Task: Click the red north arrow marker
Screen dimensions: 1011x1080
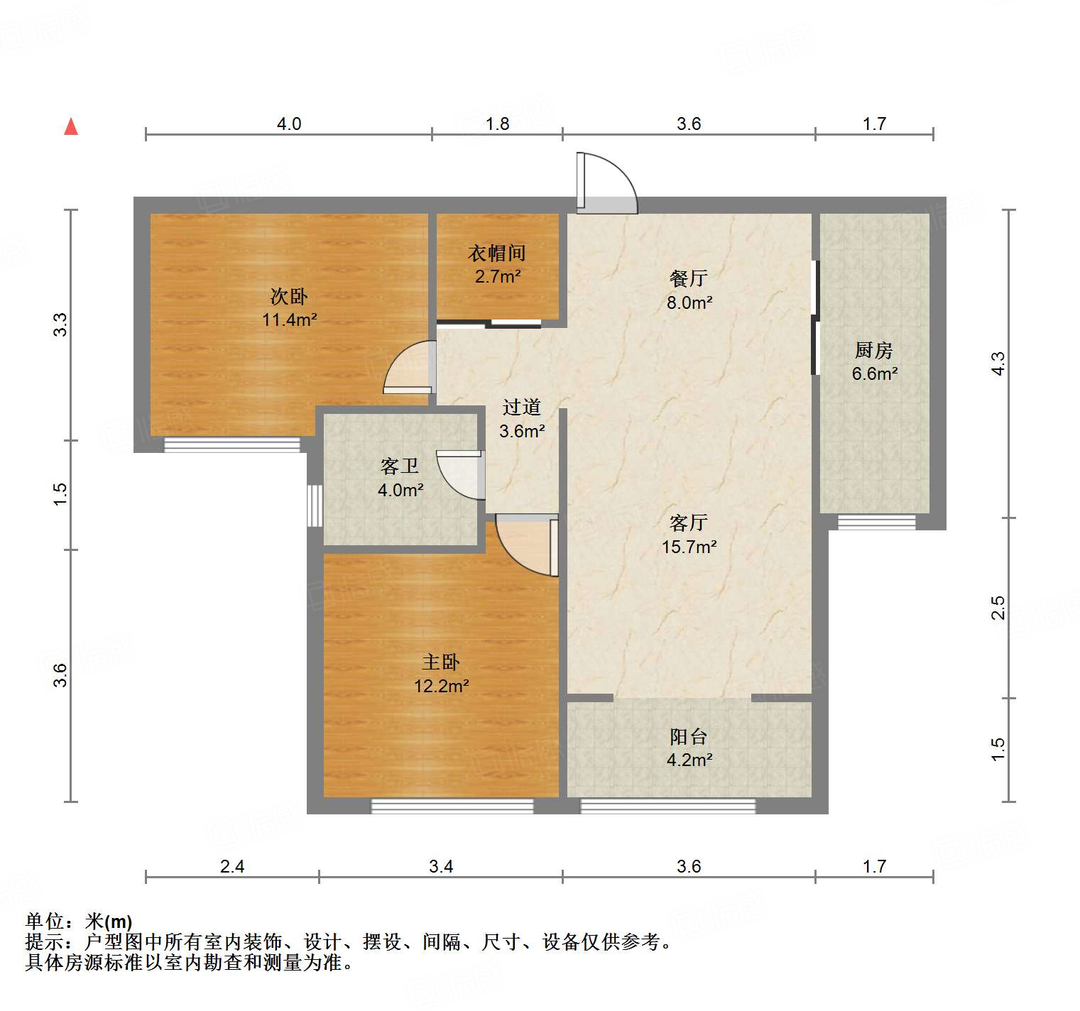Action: (x=71, y=126)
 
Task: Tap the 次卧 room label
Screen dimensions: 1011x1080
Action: (x=289, y=295)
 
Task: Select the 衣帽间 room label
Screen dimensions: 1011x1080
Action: (x=497, y=253)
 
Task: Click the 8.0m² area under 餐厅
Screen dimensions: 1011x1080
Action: (x=689, y=302)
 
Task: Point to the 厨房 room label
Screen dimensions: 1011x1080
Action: (x=873, y=350)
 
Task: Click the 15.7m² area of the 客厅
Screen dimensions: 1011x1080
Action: (x=689, y=547)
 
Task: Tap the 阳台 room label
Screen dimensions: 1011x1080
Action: (x=689, y=736)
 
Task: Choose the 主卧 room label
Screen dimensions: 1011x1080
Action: (x=441, y=662)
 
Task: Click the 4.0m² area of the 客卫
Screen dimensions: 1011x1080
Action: (x=400, y=490)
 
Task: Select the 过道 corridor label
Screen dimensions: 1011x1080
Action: (x=522, y=407)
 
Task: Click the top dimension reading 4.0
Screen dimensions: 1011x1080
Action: (x=288, y=124)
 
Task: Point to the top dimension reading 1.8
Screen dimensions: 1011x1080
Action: (x=497, y=124)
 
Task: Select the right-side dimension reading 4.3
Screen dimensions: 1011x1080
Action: (x=998, y=364)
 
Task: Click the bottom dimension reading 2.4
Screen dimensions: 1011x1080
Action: (x=232, y=866)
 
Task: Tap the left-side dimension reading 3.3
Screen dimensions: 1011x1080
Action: (x=61, y=324)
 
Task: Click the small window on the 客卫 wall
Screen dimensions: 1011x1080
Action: (x=315, y=506)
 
